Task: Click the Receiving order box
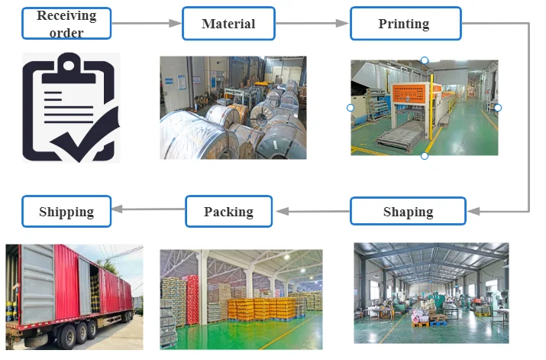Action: [66, 24]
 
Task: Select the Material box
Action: [228, 24]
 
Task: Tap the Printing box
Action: [405, 24]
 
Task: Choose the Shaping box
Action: [408, 211]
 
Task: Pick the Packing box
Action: [229, 211]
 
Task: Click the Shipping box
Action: [66, 211]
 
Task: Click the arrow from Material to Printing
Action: [312, 24]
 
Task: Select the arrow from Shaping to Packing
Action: [312, 211]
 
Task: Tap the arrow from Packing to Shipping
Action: [149, 211]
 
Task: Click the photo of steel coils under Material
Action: [233, 108]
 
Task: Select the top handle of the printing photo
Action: [425, 60]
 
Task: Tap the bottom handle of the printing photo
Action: [425, 156]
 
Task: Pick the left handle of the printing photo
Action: [351, 108]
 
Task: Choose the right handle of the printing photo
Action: [498, 108]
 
